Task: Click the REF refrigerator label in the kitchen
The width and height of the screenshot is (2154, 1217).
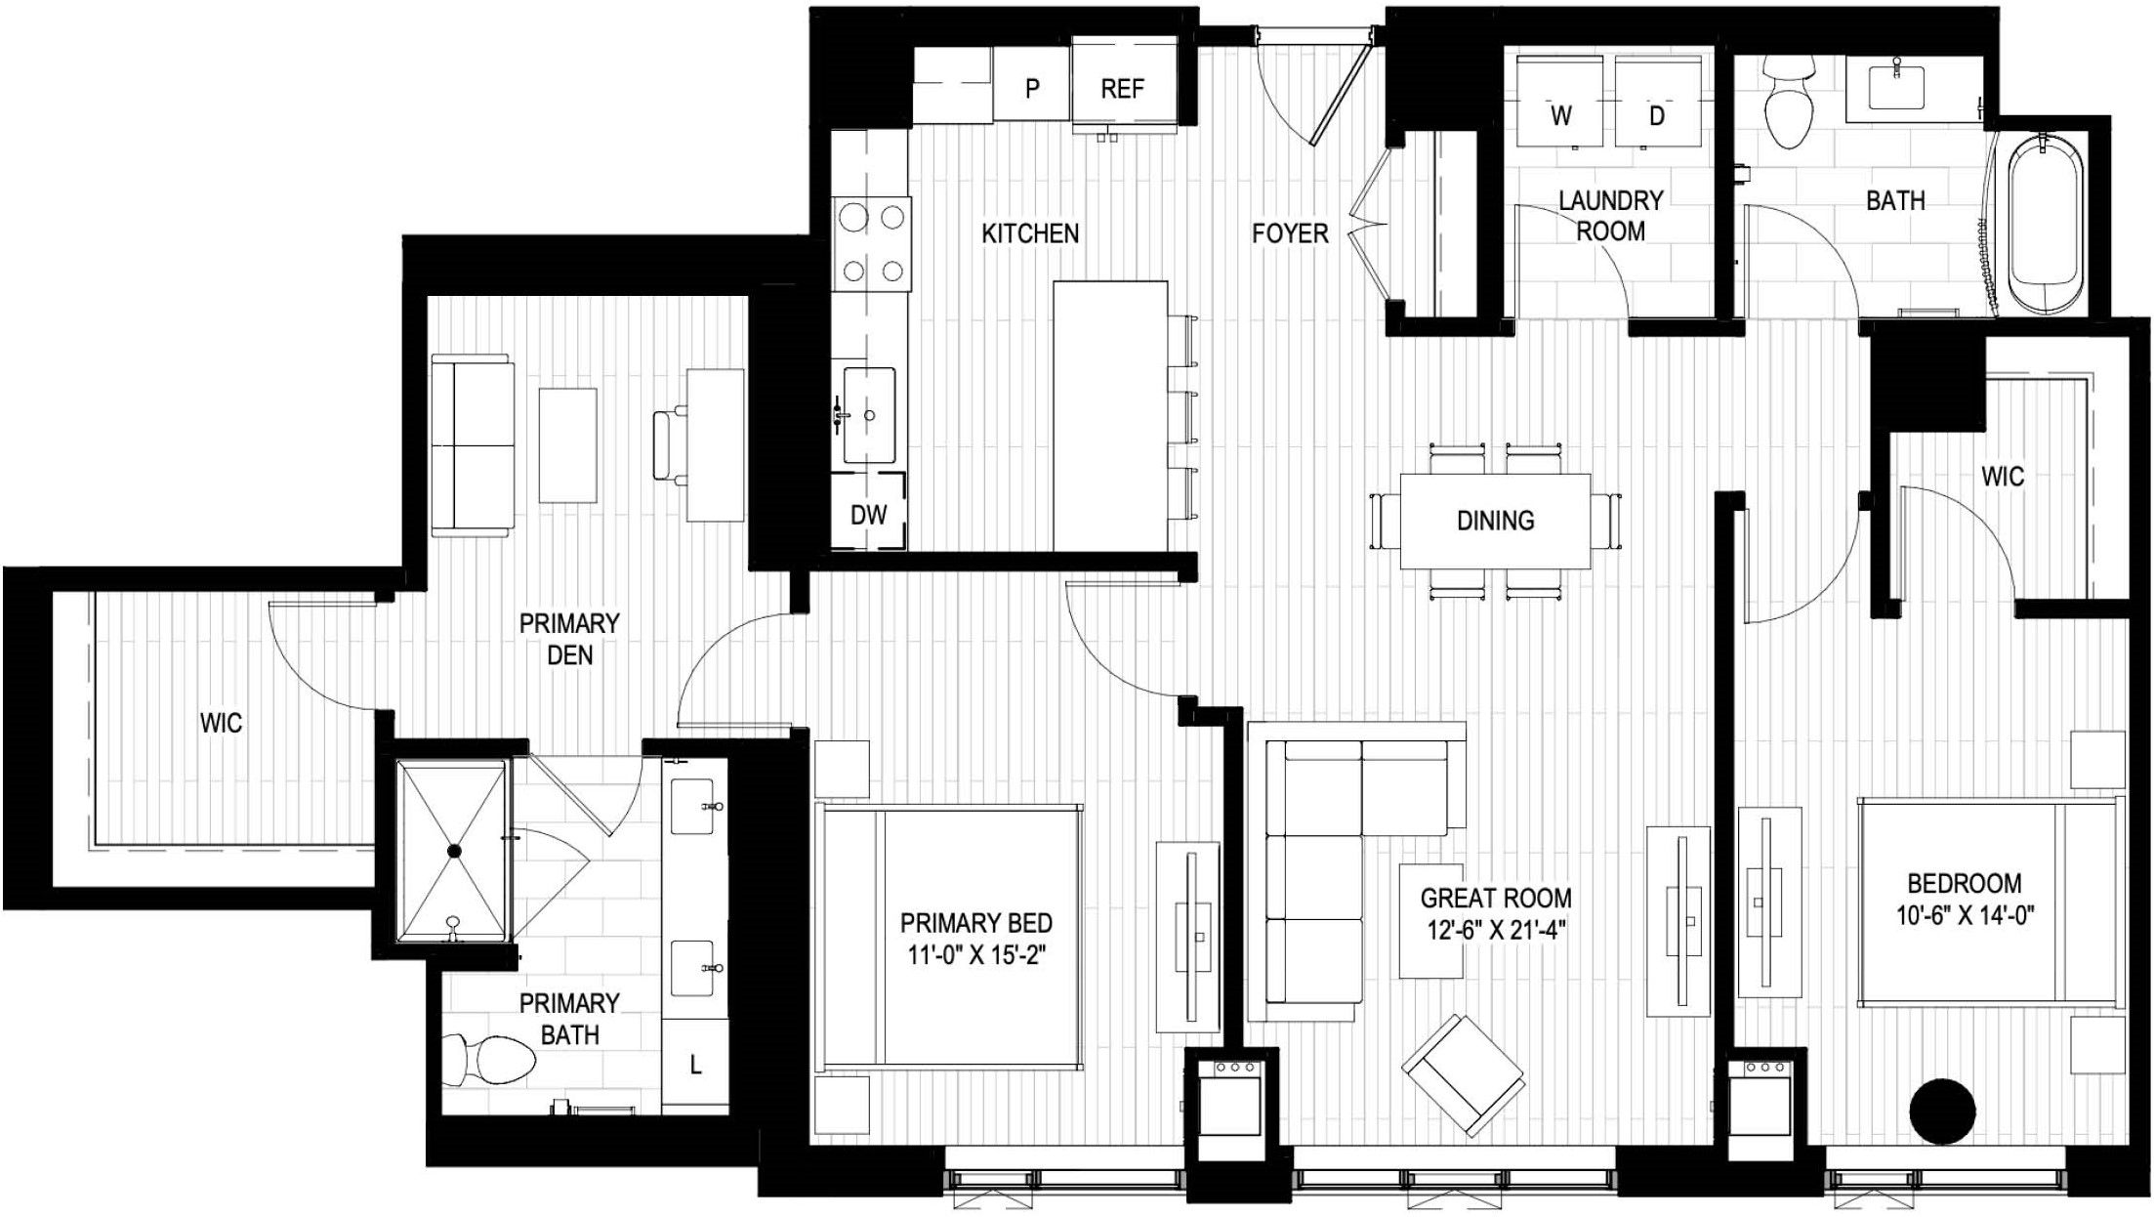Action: point(1122,89)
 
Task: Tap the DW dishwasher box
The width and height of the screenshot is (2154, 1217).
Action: point(868,514)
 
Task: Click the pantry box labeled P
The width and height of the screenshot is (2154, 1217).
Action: point(1031,89)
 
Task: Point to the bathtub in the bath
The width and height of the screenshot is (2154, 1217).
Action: point(2045,226)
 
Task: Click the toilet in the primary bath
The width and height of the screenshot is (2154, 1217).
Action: point(489,1059)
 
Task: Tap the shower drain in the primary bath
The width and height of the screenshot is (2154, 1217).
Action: point(454,852)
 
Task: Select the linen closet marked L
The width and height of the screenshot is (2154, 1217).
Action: point(695,1065)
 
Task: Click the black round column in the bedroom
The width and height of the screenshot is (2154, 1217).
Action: point(1942,1112)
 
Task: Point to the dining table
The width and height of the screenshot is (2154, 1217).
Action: point(1495,521)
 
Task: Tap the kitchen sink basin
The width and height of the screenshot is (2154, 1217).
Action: point(869,415)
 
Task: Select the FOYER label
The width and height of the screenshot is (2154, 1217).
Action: point(1290,233)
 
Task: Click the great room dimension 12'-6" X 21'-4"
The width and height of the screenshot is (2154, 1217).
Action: point(1496,930)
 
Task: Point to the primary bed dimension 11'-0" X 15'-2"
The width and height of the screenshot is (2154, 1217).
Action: point(975,954)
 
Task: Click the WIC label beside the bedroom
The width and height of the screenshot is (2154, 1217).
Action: point(2002,477)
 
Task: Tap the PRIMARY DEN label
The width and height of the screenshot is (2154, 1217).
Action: point(569,639)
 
